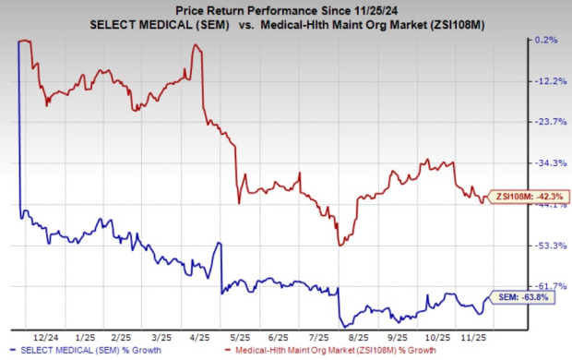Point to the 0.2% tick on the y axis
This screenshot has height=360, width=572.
pos(544,41)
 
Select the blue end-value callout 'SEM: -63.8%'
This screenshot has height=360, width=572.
pos(523,297)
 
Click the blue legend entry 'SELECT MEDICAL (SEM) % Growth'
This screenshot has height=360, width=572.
pos(89,351)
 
